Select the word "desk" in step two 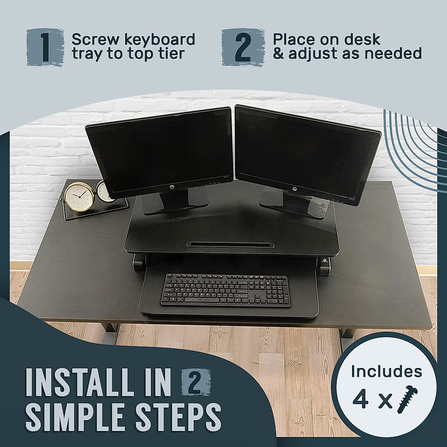360,39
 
